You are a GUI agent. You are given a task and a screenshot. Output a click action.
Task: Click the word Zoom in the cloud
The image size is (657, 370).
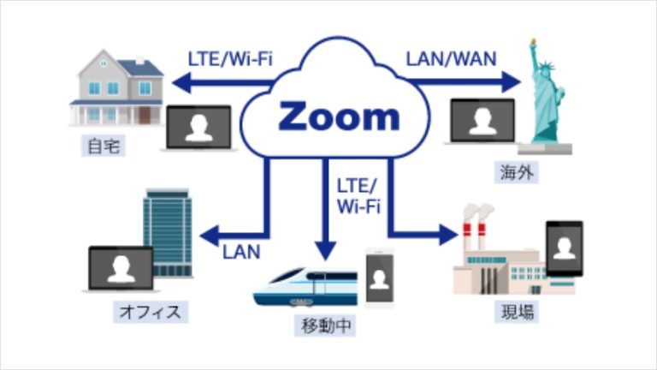pyautogui.click(x=339, y=116)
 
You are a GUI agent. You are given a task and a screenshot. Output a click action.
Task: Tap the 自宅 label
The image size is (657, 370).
pyautogui.click(x=105, y=146)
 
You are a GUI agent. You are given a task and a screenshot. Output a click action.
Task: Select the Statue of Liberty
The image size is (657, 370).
pyautogui.click(x=545, y=98)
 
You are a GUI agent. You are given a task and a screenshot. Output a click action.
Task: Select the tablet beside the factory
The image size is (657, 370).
pyautogui.click(x=564, y=249)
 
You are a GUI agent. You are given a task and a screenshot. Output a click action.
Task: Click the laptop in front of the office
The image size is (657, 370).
pyautogui.click(x=121, y=271)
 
